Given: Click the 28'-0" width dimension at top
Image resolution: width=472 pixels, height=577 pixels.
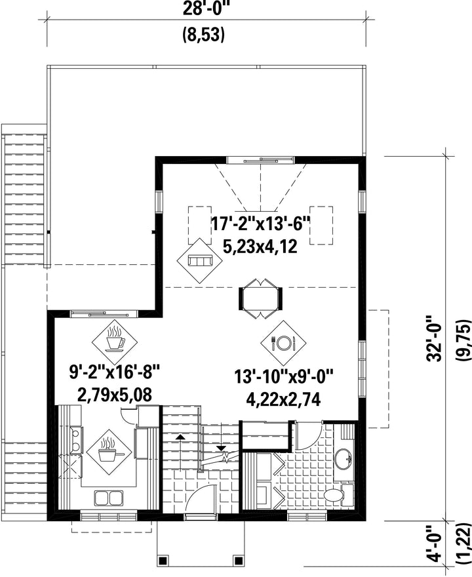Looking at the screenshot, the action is pyautogui.click(x=206, y=9).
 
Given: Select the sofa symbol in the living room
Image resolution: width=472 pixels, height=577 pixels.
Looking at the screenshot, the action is pyautogui.click(x=200, y=261).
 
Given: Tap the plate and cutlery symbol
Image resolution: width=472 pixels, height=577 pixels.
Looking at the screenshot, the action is pyautogui.click(x=283, y=343).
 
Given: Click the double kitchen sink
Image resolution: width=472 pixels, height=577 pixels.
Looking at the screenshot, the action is pyautogui.click(x=108, y=498).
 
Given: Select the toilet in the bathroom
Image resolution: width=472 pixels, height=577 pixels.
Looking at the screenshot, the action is pyautogui.click(x=338, y=494).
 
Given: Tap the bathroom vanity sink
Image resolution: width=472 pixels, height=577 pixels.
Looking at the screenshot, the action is pyautogui.click(x=344, y=458).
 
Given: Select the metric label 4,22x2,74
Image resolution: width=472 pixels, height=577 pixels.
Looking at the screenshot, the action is pyautogui.click(x=283, y=399).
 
